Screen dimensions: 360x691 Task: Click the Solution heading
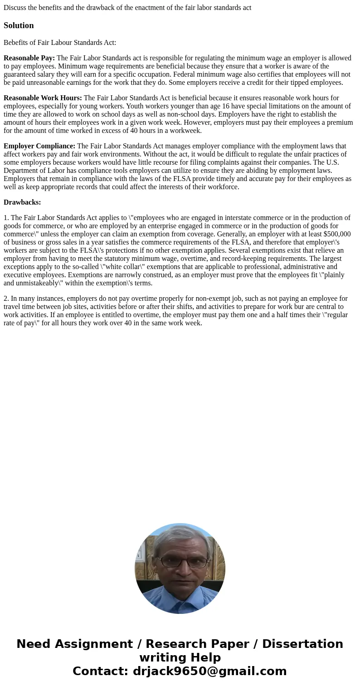click(19, 25)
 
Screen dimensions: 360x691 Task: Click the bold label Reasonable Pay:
click(29, 58)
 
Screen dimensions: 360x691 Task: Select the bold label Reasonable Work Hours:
click(43, 98)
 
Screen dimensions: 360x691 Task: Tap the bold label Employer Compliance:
click(39, 146)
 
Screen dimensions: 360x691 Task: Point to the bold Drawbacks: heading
click(22, 202)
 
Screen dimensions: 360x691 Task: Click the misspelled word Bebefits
click(16, 43)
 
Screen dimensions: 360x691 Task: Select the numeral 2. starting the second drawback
click(6, 299)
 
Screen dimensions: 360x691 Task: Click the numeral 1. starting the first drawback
click(6, 218)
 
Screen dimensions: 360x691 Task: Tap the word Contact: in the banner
click(101, 671)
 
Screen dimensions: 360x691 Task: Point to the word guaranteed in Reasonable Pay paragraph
click(20, 74)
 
